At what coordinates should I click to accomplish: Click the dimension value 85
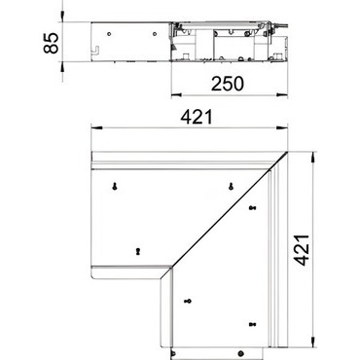[x=52, y=43]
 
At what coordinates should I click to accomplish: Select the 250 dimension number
[x=228, y=84]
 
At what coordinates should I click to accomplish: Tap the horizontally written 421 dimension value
[x=197, y=117]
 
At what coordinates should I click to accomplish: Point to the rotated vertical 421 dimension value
[x=302, y=250]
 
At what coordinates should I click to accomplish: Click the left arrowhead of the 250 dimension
[x=176, y=95]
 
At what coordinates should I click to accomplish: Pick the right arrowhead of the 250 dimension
[x=282, y=95]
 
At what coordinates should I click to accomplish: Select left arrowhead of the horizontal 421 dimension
[x=96, y=128]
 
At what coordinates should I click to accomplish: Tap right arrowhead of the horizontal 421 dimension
[x=282, y=128]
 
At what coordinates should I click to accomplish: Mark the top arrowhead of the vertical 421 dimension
[x=312, y=157]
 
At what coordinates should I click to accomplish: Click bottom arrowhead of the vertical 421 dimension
[x=312, y=342]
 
